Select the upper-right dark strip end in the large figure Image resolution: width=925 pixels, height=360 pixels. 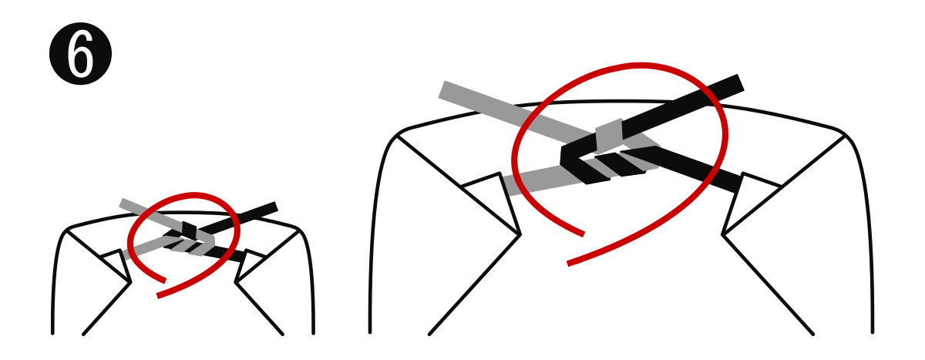tap(739, 82)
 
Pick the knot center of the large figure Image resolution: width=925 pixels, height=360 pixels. tap(609, 150)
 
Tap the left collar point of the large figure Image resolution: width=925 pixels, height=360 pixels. tap(520, 234)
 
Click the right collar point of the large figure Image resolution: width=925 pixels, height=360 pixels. tap(723, 234)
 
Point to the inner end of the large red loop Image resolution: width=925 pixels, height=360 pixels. tap(583, 234)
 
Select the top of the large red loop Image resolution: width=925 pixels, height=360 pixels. tap(640, 66)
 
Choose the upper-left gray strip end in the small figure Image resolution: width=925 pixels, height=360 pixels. tap(122, 203)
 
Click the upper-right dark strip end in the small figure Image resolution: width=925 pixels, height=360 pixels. tap(275, 206)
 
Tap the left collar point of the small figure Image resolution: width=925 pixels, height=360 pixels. tap(130, 283)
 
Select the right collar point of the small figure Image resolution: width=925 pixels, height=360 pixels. tap(236, 283)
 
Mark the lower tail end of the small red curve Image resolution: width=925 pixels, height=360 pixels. tap(158, 295)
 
